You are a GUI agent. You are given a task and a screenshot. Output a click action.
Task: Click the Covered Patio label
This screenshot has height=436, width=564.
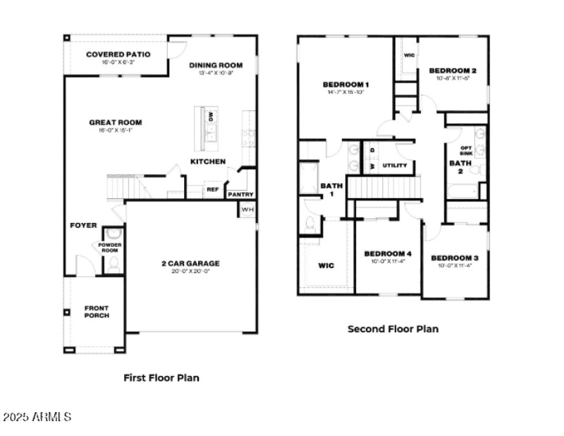tap(116, 54)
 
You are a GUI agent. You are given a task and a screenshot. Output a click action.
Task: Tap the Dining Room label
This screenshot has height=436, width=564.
tap(216, 66)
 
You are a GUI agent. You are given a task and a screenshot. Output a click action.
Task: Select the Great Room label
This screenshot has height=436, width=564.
tap(111, 122)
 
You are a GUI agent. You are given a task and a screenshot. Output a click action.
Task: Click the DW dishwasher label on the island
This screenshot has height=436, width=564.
tap(210, 117)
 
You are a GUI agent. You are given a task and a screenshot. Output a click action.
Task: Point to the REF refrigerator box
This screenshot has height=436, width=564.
tap(212, 189)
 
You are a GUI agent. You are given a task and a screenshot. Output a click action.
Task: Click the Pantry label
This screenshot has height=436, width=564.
tap(240, 195)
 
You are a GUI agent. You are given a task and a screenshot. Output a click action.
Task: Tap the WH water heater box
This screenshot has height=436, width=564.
tap(247, 210)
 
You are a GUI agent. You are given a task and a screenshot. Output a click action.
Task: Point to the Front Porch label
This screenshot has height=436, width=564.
tap(97, 311)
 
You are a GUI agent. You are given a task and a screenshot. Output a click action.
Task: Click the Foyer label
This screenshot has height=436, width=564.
tap(82, 225)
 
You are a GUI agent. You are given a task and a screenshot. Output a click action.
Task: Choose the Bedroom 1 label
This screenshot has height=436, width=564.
tap(345, 85)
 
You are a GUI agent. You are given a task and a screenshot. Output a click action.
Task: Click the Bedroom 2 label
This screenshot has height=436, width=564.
tap(453, 71)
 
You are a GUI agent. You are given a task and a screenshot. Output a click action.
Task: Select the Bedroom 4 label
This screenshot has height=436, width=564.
tap(388, 253)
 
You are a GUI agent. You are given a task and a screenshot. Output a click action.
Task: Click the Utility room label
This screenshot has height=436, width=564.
tap(395, 166)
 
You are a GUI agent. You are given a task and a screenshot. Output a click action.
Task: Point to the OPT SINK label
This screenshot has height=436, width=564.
tap(466, 150)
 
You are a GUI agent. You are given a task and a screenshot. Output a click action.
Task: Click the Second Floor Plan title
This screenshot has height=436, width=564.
tap(393, 329)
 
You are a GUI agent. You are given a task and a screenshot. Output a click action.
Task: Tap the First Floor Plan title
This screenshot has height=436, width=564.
tap(161, 377)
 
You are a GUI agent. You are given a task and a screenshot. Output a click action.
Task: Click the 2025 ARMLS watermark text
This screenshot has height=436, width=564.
tap(37, 417)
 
